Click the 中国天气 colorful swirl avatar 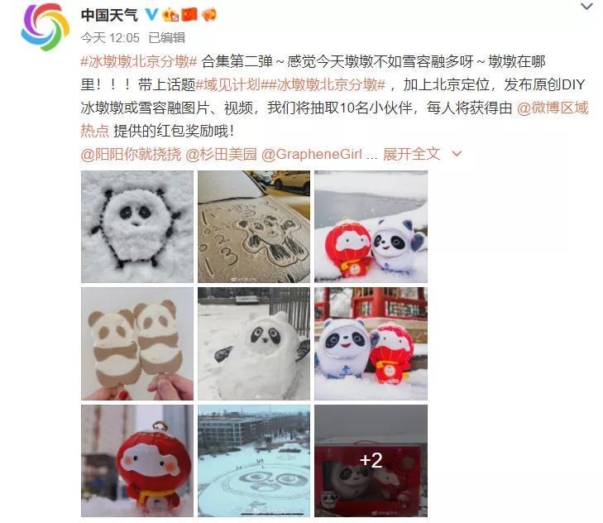[x=45, y=27]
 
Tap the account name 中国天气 [x=110, y=15]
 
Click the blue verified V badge [x=152, y=15]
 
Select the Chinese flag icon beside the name [x=189, y=15]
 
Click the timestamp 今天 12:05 [x=110, y=38]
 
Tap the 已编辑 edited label [x=166, y=38]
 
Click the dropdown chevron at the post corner [x=586, y=7]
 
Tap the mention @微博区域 [x=553, y=108]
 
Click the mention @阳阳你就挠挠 [x=131, y=154]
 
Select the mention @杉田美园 [x=221, y=154]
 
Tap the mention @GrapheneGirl [x=312, y=154]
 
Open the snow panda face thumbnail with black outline [x=137, y=227]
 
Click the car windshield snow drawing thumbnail [x=254, y=227]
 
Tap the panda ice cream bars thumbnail [x=137, y=343]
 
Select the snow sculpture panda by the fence [x=254, y=343]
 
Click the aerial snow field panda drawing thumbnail [x=254, y=461]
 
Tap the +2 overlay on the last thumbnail [x=371, y=460]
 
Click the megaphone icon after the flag [x=209, y=15]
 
